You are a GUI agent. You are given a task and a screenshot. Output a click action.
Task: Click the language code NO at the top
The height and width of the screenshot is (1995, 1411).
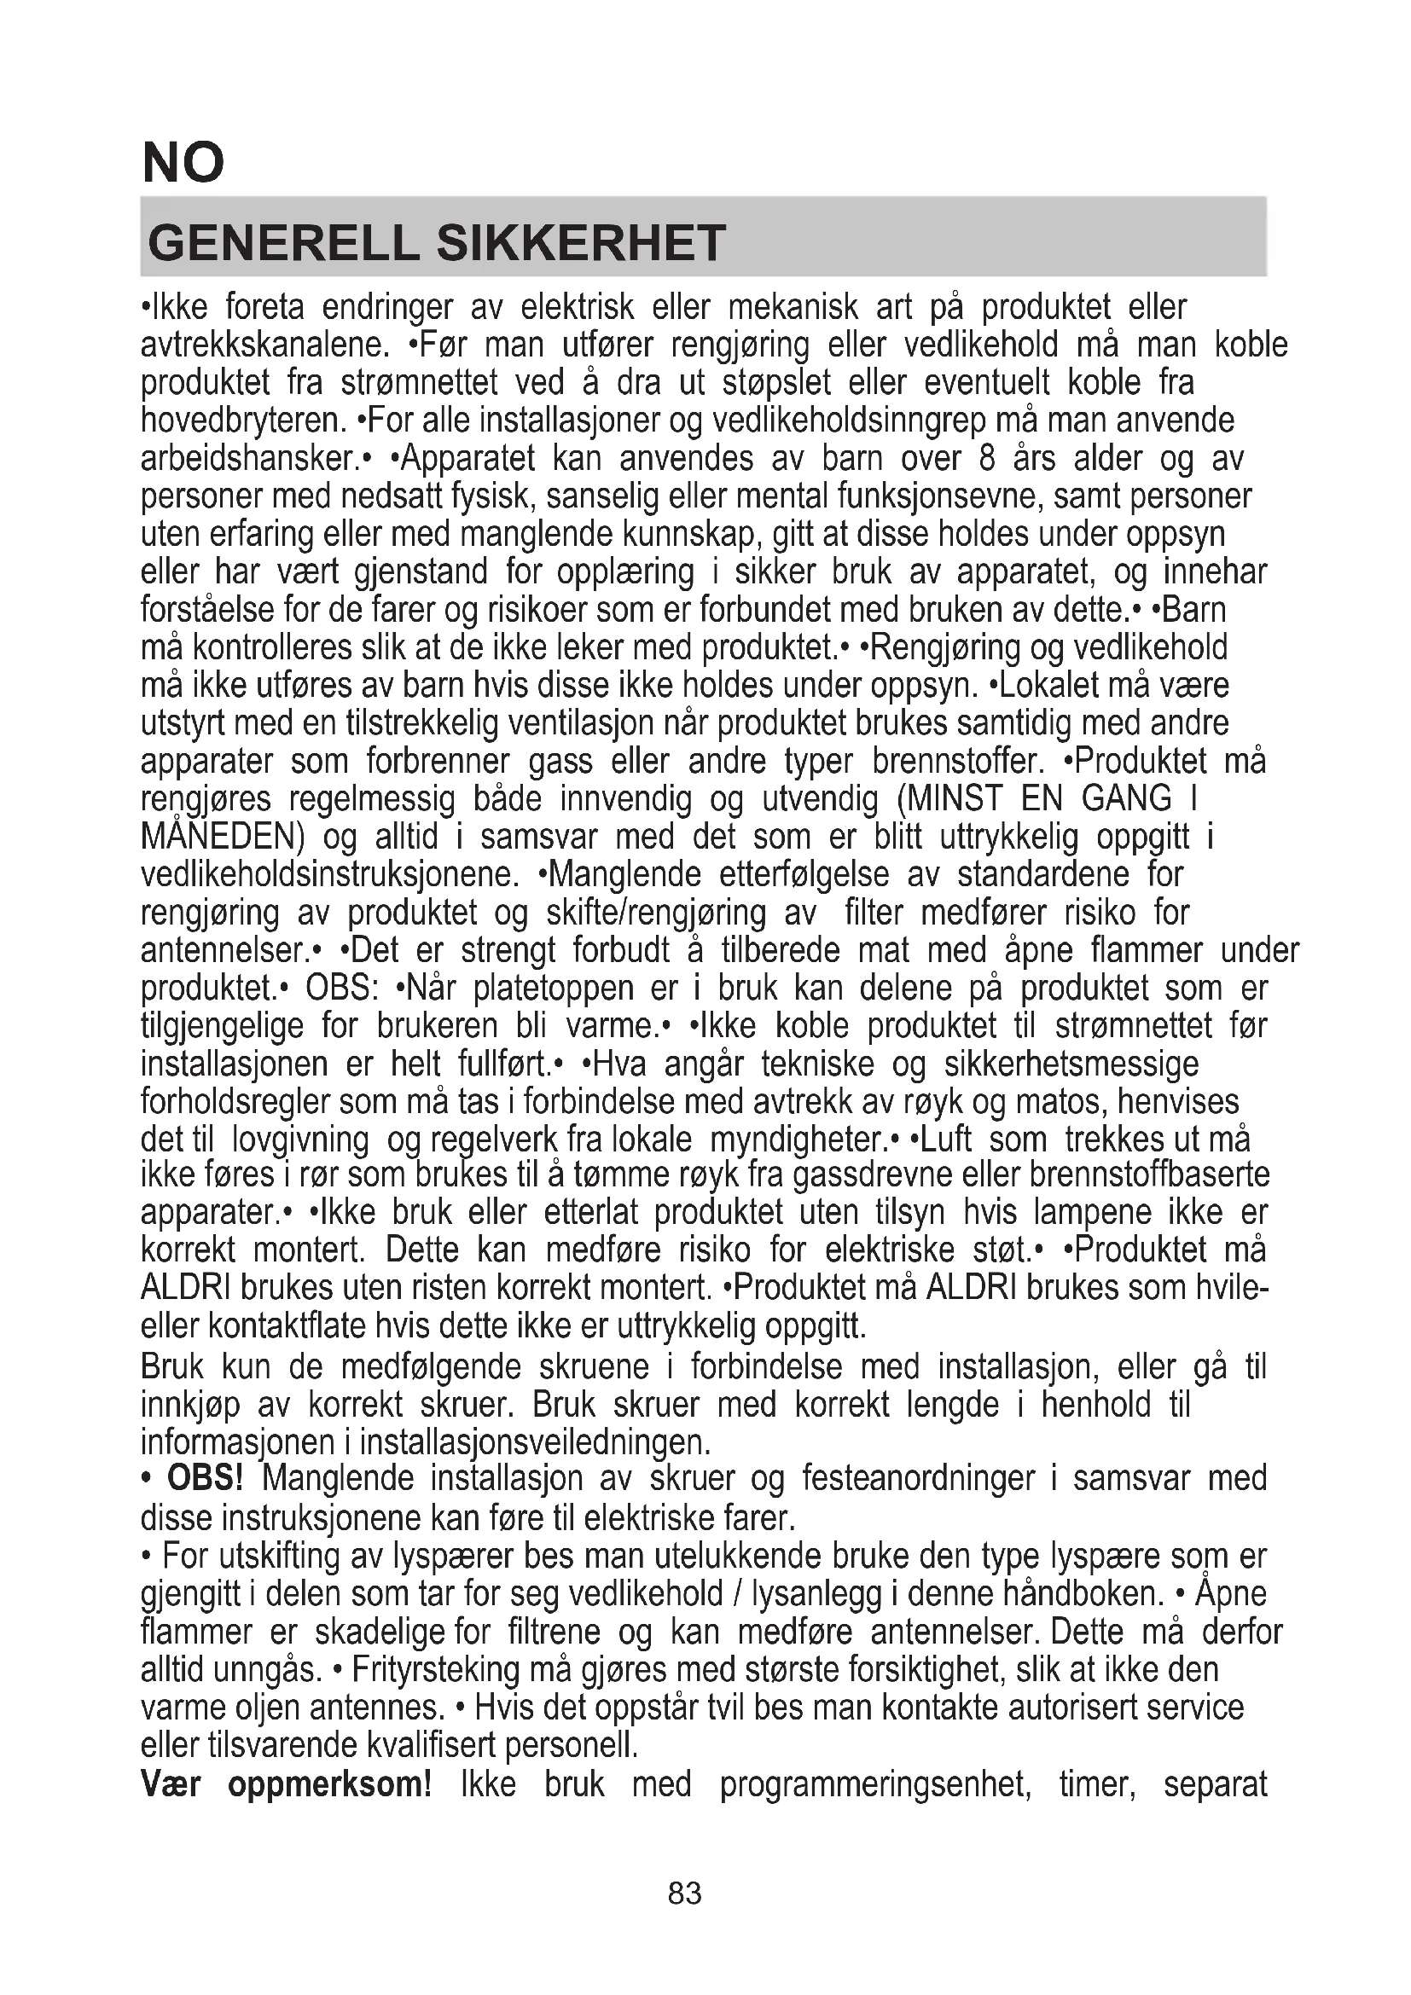(183, 163)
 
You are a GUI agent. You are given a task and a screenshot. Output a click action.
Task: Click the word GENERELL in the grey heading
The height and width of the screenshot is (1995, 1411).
(283, 243)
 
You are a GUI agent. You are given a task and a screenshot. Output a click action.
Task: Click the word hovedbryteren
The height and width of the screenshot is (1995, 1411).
(243, 420)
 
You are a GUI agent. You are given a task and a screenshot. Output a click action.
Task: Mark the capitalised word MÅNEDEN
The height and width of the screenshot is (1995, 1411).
(223, 837)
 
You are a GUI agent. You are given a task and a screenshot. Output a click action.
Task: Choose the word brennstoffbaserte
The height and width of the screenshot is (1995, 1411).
(1148, 1174)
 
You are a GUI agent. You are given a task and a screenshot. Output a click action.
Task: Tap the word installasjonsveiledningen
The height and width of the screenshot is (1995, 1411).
(535, 1442)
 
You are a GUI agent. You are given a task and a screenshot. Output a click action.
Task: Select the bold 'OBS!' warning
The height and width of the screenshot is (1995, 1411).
(205, 1478)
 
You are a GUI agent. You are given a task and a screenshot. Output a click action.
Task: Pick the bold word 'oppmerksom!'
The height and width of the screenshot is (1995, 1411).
(330, 1783)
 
